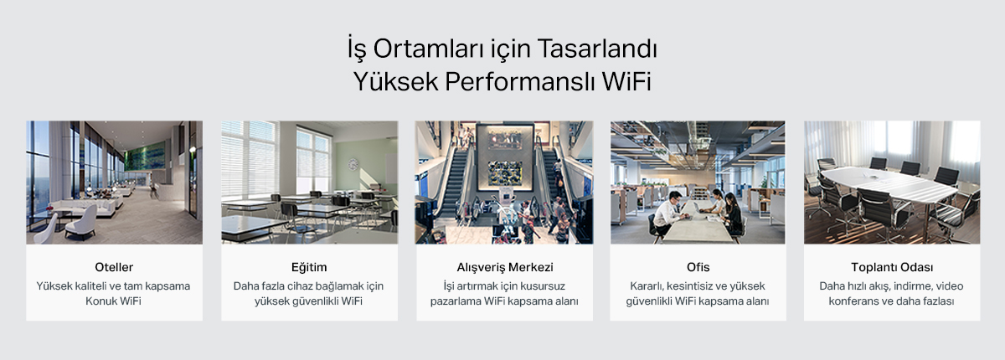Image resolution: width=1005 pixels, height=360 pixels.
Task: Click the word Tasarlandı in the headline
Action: click(x=596, y=49)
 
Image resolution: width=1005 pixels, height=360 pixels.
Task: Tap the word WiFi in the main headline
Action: click(x=626, y=81)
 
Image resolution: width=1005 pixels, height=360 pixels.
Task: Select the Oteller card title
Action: click(x=114, y=267)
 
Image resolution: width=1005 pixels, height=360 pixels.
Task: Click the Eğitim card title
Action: click(x=309, y=267)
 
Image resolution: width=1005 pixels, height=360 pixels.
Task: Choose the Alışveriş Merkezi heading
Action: click(x=505, y=267)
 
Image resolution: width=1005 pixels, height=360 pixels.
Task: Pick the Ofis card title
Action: click(x=698, y=267)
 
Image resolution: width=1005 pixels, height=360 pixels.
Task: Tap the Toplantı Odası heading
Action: click(x=892, y=267)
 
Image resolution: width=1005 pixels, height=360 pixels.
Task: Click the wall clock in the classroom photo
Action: click(x=353, y=165)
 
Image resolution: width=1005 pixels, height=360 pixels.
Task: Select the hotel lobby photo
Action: click(x=114, y=183)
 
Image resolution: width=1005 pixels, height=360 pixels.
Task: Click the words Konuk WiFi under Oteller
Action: click(x=114, y=301)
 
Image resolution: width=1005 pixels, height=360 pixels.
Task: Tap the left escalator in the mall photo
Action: click(x=451, y=188)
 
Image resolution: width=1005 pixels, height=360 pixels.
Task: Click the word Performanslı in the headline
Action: click(x=520, y=81)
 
